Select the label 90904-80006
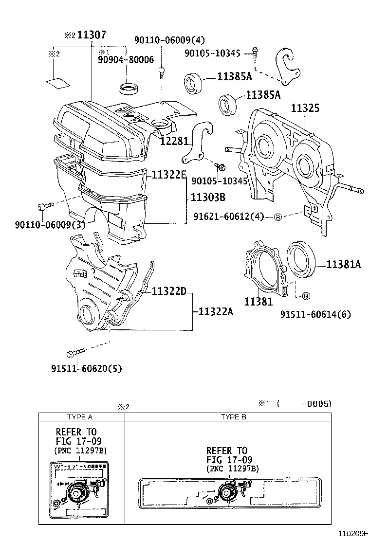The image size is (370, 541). (x=126, y=60)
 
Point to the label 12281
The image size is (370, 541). (x=173, y=141)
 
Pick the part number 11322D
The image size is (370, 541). (x=169, y=291)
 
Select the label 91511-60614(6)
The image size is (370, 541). (x=314, y=314)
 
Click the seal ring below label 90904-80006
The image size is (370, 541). (x=129, y=89)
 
